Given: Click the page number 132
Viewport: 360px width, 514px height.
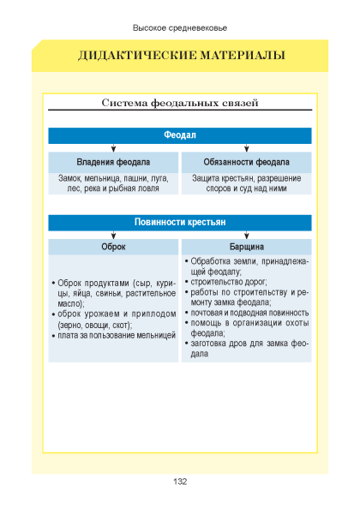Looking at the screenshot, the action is pyautogui.click(x=180, y=481).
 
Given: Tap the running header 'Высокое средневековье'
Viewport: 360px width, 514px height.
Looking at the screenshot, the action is pyautogui.click(x=180, y=28).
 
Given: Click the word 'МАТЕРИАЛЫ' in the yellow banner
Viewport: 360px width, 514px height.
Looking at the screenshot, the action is pyautogui.click(x=243, y=55).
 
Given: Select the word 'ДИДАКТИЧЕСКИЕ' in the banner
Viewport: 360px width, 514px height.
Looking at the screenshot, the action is pyautogui.click(x=137, y=55).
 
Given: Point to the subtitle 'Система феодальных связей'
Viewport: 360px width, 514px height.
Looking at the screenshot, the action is pyautogui.click(x=180, y=103).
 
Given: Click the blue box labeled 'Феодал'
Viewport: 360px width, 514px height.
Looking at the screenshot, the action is pyautogui.click(x=180, y=135).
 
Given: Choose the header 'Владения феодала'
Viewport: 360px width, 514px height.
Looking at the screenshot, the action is pyautogui.click(x=113, y=162).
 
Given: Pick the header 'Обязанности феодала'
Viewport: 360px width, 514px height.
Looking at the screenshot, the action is pyautogui.click(x=246, y=162).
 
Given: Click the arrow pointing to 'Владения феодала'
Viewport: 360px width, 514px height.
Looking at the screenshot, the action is pyautogui.click(x=113, y=148).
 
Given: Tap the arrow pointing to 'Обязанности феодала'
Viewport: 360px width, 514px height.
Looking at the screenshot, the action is pyautogui.click(x=247, y=148).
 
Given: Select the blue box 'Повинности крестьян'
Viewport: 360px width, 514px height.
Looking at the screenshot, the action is pyautogui.click(x=180, y=223).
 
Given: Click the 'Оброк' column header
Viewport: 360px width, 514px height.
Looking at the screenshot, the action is pyautogui.click(x=113, y=247).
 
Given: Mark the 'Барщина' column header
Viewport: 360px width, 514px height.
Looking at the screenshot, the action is pyautogui.click(x=247, y=247).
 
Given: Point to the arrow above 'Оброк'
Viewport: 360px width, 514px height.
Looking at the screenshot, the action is pyautogui.click(x=113, y=235).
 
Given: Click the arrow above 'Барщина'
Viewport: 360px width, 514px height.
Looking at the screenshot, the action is pyautogui.click(x=247, y=235).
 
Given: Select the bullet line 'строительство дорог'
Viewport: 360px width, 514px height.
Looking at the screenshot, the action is pyautogui.click(x=229, y=282).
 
